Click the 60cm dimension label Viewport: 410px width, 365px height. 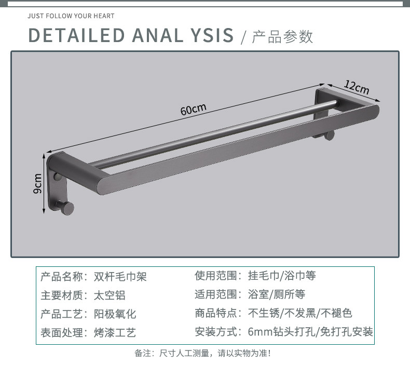(194, 110)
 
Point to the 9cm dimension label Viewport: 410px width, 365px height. (38, 183)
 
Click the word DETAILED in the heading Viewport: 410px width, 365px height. (76, 35)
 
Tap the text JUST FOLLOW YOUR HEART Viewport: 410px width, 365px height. (71, 16)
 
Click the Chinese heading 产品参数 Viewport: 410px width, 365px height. (283, 36)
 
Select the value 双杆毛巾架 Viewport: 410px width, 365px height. (120, 276)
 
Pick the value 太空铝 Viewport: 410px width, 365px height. (110, 295)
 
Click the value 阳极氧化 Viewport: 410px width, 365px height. (115, 314)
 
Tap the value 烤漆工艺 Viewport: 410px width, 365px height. (115, 333)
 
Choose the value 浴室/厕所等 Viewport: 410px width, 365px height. (277, 295)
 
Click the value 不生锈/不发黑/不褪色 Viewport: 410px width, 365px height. (300, 313)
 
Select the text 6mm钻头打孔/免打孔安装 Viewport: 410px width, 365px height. (310, 332)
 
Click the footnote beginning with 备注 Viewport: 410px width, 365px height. (202, 354)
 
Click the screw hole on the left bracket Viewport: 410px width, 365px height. (58, 178)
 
